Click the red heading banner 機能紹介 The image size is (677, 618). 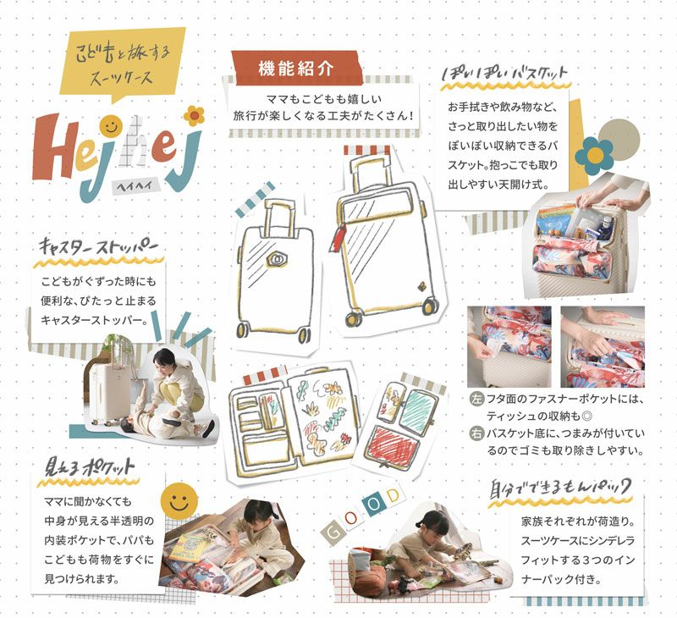(x=296, y=68)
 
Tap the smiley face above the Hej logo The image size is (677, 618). (x=111, y=126)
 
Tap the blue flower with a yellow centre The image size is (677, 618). (x=595, y=155)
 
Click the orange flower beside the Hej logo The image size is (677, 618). (x=195, y=115)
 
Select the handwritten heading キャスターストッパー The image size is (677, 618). (x=98, y=247)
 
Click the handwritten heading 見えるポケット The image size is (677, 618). (x=90, y=466)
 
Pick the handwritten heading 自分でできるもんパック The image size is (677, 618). (x=560, y=488)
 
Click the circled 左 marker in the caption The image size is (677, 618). (x=476, y=399)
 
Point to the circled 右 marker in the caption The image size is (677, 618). (x=476, y=433)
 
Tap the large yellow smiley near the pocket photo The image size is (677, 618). (x=179, y=501)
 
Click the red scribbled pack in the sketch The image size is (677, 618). (x=391, y=446)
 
